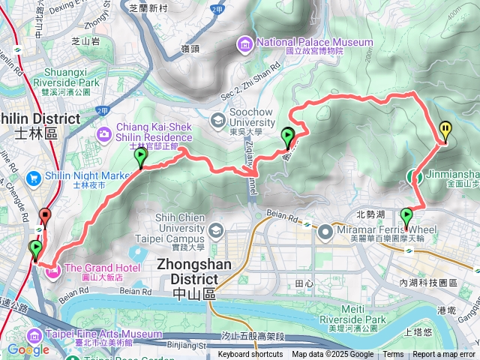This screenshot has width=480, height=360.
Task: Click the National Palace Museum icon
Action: point(244,43)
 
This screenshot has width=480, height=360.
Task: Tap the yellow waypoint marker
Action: point(445,130)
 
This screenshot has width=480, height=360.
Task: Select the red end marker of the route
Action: point(44,217)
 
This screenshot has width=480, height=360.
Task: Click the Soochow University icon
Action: point(217,119)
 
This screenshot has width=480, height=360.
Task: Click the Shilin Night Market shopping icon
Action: point(34,179)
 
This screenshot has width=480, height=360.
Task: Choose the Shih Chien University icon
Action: point(217,229)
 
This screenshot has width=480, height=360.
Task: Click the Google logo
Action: point(28,349)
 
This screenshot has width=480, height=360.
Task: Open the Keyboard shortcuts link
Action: point(250,355)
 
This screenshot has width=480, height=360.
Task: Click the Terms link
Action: point(393,355)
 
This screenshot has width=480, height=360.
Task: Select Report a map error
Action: point(444,355)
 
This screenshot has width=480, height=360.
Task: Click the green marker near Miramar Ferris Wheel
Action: point(407,217)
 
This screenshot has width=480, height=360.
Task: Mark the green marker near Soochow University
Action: point(288,136)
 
